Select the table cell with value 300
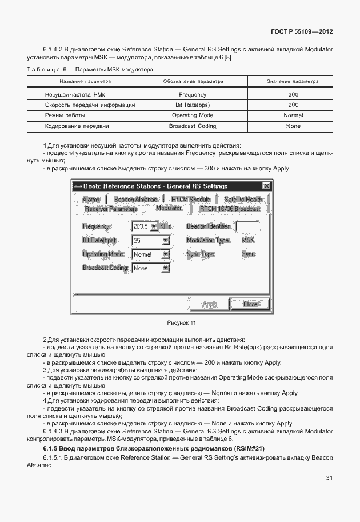point(293,94)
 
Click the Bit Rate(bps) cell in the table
point(192,105)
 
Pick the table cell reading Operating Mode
point(192,115)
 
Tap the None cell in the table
point(293,126)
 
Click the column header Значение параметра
point(293,82)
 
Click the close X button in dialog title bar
point(266,186)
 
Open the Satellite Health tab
point(244,199)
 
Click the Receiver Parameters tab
point(111,209)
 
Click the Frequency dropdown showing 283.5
point(145,226)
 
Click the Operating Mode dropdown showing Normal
point(151,254)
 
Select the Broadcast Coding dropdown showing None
point(151,268)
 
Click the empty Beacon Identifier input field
point(246,226)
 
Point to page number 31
point(329,478)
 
